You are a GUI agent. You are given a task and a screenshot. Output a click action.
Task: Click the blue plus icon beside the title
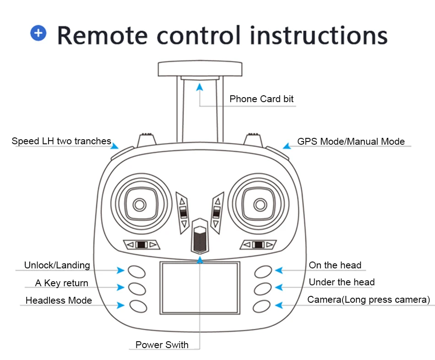[38, 33]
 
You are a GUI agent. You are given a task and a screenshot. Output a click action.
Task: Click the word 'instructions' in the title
[319, 35]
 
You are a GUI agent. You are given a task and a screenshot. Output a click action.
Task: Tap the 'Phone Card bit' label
[261, 99]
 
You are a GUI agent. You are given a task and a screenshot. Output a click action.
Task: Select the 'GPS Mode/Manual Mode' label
[351, 141]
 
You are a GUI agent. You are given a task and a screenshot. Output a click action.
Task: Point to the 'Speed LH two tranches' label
[61, 141]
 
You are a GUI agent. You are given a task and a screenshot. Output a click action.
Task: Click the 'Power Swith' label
[162, 344]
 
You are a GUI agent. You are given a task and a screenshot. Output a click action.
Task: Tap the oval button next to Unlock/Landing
[136, 272]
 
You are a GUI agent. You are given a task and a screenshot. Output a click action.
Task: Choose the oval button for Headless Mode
[138, 306]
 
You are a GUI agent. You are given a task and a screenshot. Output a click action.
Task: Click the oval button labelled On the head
[263, 272]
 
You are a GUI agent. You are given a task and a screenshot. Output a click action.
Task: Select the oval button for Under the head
[262, 289]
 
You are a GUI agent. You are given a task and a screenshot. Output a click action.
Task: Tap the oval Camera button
[261, 306]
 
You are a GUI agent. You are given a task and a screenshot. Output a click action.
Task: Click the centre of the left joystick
[140, 205]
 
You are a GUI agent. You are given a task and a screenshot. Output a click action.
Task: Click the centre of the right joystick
[260, 205]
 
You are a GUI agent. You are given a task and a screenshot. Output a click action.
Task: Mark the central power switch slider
[200, 236]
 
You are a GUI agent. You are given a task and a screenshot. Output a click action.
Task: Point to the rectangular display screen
[200, 288]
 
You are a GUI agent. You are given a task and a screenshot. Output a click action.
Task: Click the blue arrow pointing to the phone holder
[200, 87]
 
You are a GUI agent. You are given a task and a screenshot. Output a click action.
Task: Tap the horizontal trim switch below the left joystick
[141, 245]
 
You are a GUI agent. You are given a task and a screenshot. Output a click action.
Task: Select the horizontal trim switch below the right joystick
[258, 245]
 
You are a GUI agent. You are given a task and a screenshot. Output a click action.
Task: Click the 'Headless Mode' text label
[59, 300]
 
